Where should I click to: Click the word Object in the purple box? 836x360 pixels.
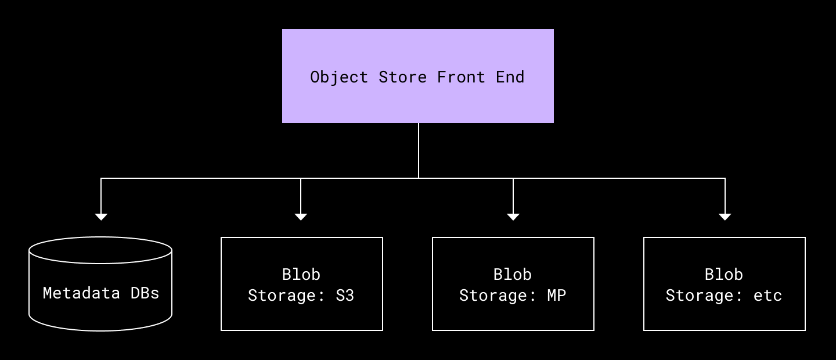coord(339,77)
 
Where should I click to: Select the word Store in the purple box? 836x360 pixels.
coord(402,77)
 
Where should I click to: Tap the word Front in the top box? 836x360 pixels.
coord(461,77)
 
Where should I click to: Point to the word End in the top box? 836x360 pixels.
coord(510,77)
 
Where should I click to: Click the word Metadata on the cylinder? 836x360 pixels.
coord(81,293)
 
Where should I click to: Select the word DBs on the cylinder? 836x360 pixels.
coord(145,293)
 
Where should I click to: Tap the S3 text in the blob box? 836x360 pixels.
coord(345,296)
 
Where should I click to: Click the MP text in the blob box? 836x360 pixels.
coord(556,296)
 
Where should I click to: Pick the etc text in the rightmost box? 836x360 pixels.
coord(767,296)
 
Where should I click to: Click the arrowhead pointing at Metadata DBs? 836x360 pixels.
coord(101,217)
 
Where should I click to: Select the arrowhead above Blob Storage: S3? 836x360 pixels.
coord(301,217)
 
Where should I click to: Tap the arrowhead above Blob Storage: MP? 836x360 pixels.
coord(513,217)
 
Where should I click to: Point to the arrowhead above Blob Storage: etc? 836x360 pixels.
coord(725,217)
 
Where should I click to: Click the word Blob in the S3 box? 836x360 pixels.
coord(301,274)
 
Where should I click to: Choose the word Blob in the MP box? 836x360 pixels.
coord(513,274)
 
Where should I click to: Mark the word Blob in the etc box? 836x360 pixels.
coord(724,274)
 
